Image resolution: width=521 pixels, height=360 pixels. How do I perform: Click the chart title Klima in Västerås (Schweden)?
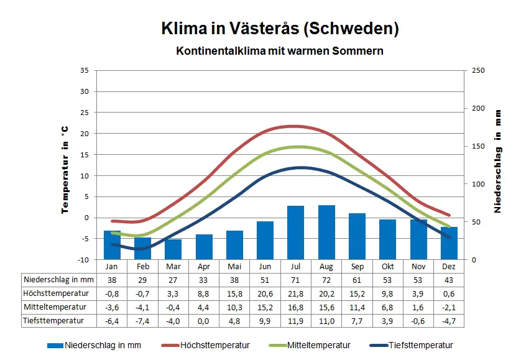(x=280, y=29)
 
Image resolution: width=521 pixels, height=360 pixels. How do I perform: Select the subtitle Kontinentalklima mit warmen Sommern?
(x=280, y=50)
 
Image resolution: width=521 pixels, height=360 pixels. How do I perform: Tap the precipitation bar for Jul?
(x=295, y=232)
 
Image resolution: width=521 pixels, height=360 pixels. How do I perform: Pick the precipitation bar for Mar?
(x=173, y=249)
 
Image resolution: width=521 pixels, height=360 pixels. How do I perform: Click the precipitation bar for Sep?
(x=357, y=236)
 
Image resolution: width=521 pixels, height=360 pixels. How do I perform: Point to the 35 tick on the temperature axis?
(x=85, y=70)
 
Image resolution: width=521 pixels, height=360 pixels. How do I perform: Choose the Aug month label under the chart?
(x=326, y=266)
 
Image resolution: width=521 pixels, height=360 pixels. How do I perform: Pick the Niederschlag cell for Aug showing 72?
(x=326, y=280)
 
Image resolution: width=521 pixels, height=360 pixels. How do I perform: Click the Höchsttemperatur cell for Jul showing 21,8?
(x=295, y=293)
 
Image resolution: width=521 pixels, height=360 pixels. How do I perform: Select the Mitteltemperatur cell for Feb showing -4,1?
(x=142, y=307)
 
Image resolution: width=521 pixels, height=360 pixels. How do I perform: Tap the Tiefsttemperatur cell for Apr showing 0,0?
(x=203, y=321)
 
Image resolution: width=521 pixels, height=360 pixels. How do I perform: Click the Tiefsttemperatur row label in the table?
(x=55, y=321)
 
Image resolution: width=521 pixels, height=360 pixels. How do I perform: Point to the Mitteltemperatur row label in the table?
(x=53, y=307)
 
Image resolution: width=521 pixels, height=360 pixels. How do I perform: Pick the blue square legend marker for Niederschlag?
(x=55, y=346)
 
